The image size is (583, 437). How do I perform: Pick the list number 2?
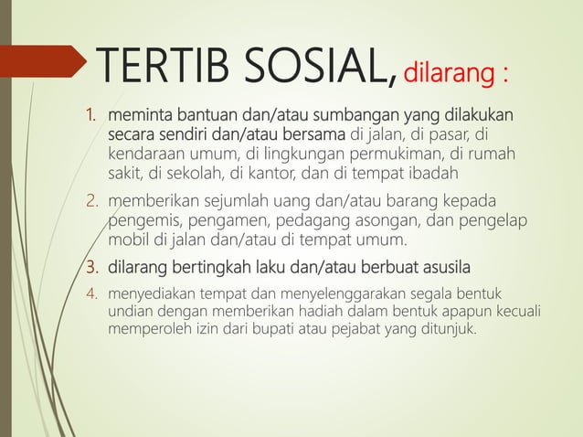point(91,201)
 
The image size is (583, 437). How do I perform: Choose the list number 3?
point(91,268)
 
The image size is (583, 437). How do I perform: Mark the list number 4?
point(91,296)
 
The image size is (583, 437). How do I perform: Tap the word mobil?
point(129,240)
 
